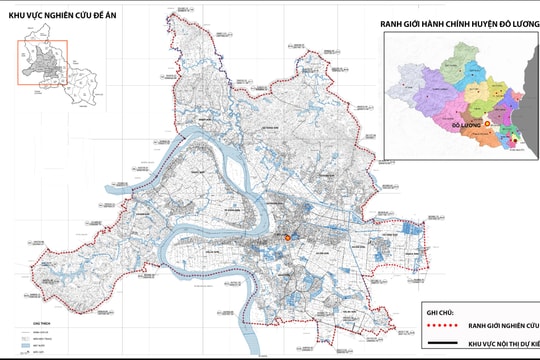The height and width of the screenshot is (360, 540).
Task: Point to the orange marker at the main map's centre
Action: (x=287, y=238)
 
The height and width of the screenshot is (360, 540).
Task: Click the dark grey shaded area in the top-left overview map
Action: (x=43, y=62)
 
